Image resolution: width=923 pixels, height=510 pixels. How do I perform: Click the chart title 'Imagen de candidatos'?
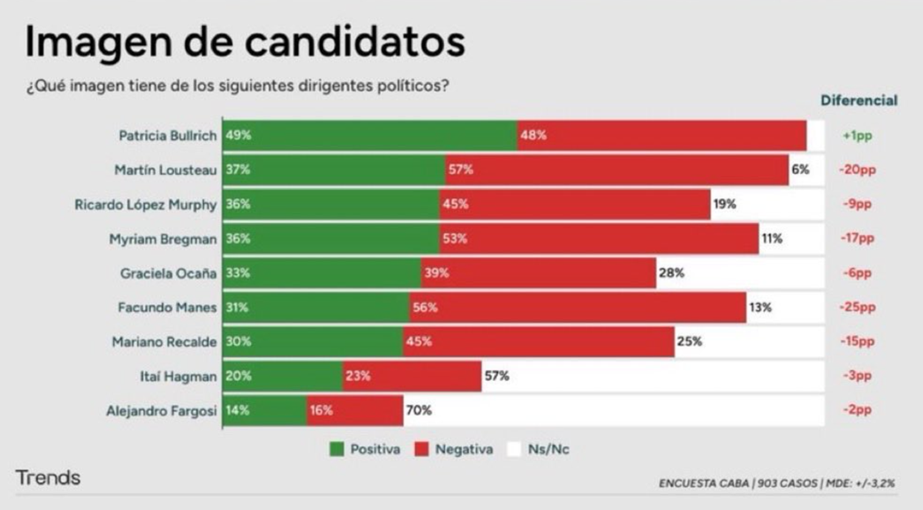point(244,42)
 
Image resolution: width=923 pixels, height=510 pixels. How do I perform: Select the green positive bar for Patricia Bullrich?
point(370,136)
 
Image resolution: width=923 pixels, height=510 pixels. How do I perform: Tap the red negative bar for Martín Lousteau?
point(617,170)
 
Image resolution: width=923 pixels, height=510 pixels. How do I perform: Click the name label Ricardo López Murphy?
point(146,204)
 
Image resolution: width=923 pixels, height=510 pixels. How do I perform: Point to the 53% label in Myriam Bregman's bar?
point(457,239)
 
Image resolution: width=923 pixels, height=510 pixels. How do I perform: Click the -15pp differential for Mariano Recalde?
point(857,342)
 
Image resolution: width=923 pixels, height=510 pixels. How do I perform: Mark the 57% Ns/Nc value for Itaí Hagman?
point(496,377)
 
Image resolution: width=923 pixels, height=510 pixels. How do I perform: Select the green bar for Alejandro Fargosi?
point(265,411)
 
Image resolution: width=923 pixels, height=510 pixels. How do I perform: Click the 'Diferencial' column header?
point(859,101)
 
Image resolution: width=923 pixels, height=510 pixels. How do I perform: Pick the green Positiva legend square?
point(337,449)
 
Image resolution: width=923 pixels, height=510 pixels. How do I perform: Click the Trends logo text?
point(48,478)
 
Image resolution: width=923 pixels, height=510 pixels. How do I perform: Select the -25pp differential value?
point(857,308)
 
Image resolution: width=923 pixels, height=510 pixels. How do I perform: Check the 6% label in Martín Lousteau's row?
point(800,170)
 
